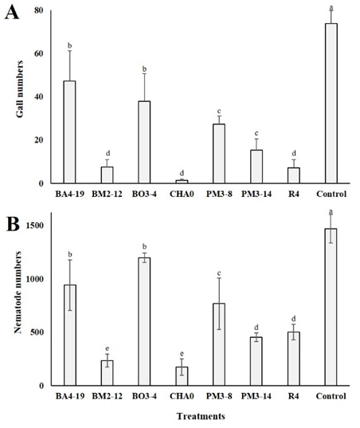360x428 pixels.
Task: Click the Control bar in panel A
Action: tap(331, 103)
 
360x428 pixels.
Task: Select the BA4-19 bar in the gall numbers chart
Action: tap(69, 132)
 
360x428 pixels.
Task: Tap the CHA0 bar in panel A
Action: tap(182, 182)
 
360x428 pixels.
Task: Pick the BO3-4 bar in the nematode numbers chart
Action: tap(144, 321)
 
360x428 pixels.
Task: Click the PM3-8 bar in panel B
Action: tap(219, 344)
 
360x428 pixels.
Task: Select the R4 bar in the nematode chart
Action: tap(294, 359)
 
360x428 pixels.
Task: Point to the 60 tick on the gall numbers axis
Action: tap(39, 53)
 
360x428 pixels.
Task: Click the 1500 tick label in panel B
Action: tap(34, 226)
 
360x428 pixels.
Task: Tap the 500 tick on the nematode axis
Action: tap(37, 332)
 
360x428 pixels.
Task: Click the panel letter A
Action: tap(12, 12)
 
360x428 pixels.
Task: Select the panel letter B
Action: tap(13, 224)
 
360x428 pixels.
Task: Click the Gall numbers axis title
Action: tap(19, 89)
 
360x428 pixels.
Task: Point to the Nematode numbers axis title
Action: tap(18, 293)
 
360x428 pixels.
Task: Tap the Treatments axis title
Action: tap(201, 416)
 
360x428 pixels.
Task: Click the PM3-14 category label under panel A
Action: tap(256, 194)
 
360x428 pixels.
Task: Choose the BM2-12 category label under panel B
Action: tap(107, 396)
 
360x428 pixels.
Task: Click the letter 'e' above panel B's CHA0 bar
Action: tap(182, 354)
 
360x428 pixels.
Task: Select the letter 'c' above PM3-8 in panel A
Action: tap(219, 111)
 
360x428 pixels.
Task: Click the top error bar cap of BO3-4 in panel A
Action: tap(144, 73)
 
